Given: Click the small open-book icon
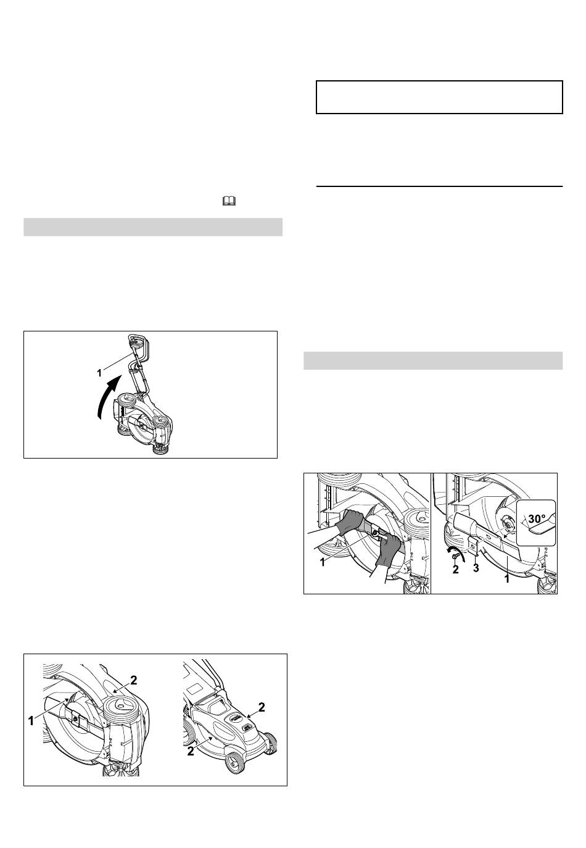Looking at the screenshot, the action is [229, 201].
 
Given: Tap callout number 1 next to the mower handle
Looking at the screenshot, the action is [99, 373].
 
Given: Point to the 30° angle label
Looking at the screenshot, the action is [537, 518].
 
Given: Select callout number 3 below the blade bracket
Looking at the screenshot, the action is [476, 568].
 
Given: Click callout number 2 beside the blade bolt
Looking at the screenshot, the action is [455, 570].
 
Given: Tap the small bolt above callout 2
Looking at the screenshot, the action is [455, 556].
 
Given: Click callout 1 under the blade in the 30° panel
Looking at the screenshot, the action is [507, 579].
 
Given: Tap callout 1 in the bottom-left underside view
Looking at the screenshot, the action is [31, 721].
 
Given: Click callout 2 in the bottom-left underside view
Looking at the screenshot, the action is [133, 680].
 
